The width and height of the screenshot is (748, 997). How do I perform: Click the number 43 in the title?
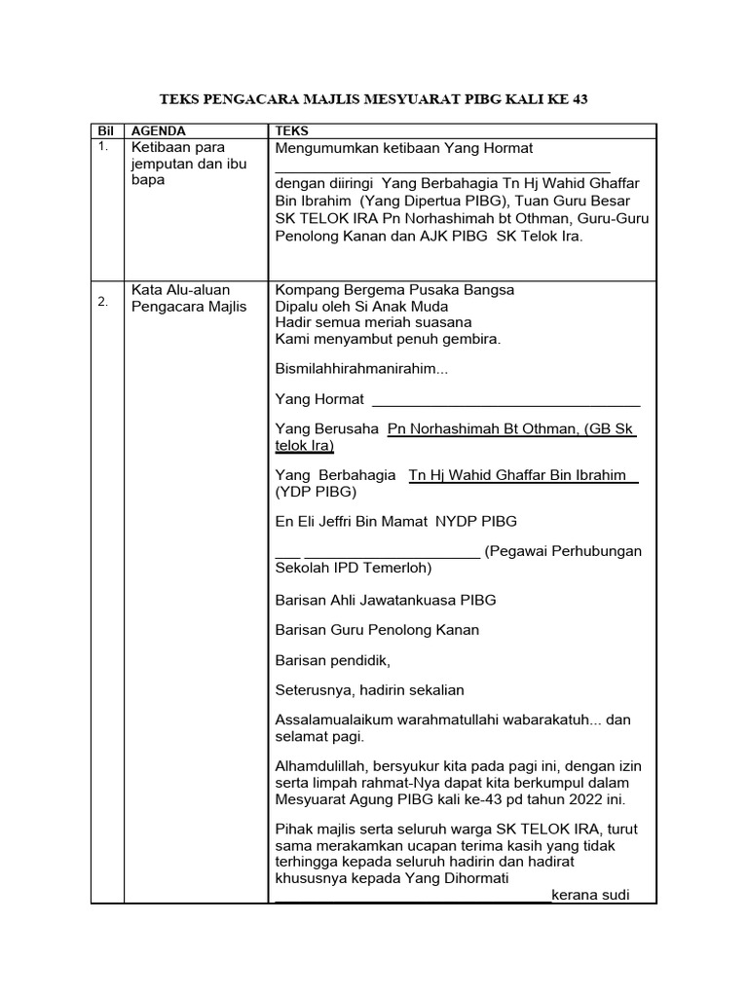tap(579, 99)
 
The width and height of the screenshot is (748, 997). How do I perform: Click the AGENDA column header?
tap(158, 130)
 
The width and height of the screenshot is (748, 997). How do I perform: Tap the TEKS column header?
tap(292, 130)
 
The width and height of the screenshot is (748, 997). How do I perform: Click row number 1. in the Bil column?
tap(104, 146)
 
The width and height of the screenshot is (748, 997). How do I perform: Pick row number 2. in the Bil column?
tap(103, 302)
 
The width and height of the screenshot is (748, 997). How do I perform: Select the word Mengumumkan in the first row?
tap(327, 148)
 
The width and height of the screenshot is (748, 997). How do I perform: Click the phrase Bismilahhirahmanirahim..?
tap(359, 369)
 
